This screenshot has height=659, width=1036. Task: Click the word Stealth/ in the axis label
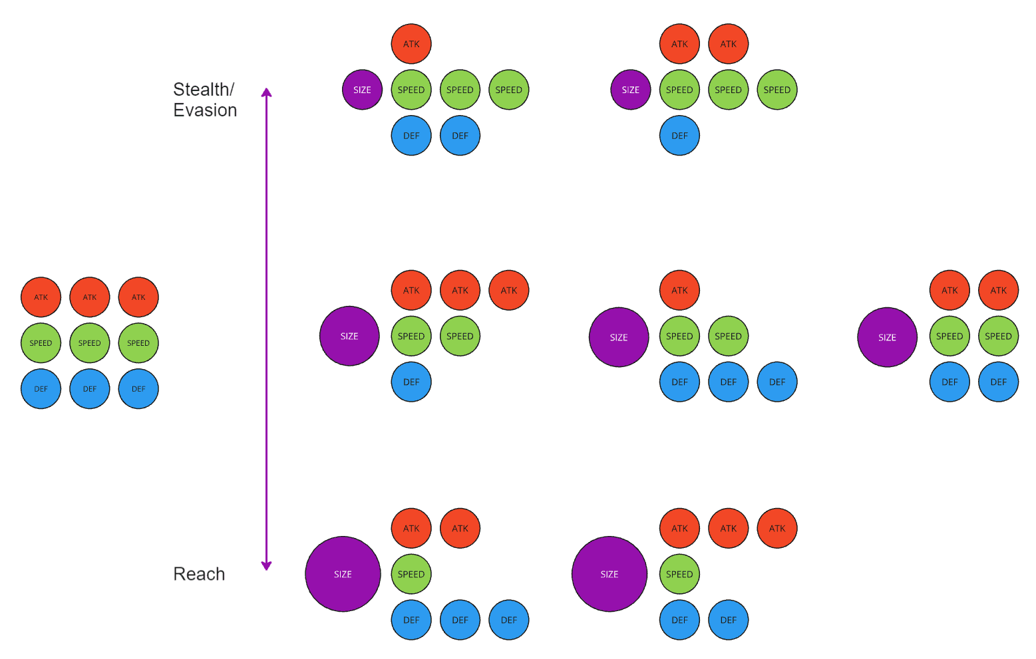click(204, 89)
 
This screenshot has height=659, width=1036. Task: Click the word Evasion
click(205, 110)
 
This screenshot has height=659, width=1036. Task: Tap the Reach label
click(199, 574)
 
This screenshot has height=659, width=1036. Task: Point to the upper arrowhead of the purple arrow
click(266, 92)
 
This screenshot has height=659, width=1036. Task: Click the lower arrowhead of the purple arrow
click(266, 566)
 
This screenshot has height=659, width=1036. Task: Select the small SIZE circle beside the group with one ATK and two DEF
click(362, 90)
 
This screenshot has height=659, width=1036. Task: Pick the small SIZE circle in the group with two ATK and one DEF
click(630, 90)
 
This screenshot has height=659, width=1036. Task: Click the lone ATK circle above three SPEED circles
click(411, 44)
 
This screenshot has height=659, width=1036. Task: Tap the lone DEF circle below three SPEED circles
click(679, 136)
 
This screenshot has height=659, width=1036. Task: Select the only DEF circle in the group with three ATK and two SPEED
click(411, 382)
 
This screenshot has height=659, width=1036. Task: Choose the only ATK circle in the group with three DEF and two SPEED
click(679, 290)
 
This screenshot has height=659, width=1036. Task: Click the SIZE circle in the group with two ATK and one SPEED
click(343, 574)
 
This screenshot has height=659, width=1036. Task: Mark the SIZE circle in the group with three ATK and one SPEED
click(609, 574)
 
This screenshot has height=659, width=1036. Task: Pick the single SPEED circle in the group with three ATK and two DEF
click(679, 574)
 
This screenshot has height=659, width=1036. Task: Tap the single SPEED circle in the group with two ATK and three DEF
click(411, 574)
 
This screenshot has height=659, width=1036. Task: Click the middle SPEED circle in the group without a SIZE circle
click(89, 343)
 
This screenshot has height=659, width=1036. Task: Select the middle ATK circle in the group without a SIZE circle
click(89, 297)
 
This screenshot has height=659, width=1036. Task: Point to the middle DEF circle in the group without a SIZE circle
click(89, 389)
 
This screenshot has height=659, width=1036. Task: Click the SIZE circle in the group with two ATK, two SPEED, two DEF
click(887, 337)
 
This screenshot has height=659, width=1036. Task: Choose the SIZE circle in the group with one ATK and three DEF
click(618, 337)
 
